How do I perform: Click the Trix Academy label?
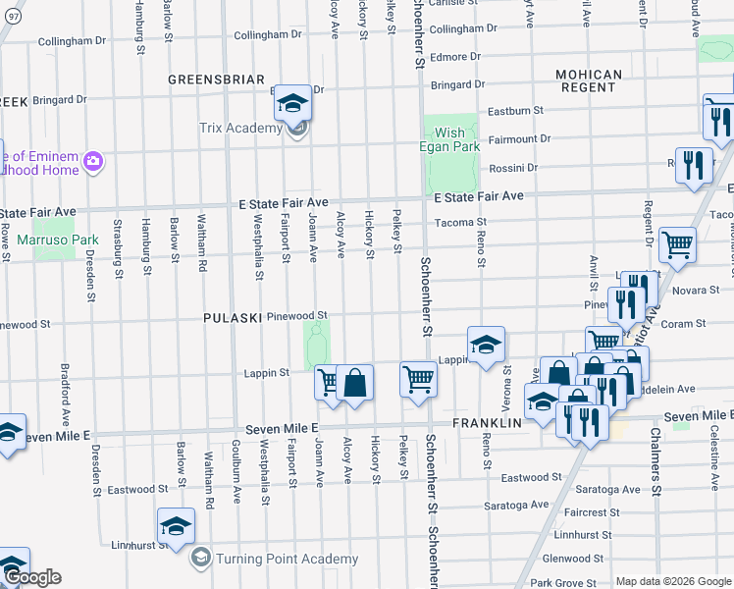click(x=240, y=129)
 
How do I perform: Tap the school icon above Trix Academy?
click(x=292, y=103)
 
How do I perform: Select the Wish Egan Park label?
click(x=451, y=139)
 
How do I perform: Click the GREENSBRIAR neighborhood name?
click(x=217, y=79)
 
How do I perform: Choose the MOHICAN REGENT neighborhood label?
click(x=589, y=81)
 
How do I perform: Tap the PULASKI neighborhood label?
click(x=232, y=318)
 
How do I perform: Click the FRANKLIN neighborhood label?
click(x=487, y=423)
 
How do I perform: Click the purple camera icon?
click(x=93, y=161)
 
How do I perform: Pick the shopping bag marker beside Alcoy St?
click(x=355, y=383)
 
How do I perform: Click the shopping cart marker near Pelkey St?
click(x=419, y=378)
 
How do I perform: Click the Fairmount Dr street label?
click(x=519, y=139)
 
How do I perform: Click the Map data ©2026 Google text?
click(x=672, y=581)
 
